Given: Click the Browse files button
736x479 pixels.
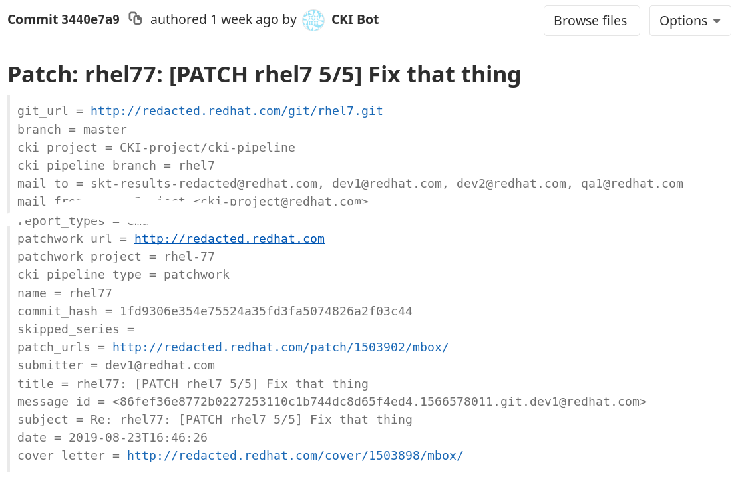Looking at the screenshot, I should pyautogui.click(x=590, y=21).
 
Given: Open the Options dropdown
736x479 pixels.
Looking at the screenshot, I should pyautogui.click(x=689, y=21).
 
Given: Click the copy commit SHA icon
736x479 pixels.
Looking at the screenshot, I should pyautogui.click(x=135, y=19).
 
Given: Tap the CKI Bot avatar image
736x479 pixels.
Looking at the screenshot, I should pyautogui.click(x=313, y=20).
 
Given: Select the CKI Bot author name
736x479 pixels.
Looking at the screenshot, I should pyautogui.click(x=355, y=20).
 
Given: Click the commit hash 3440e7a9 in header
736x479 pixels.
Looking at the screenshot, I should pyautogui.click(x=91, y=20).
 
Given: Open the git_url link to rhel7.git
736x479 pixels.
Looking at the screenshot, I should pyautogui.click(x=236, y=111).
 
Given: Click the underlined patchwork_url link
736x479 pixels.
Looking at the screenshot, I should pyautogui.click(x=229, y=239).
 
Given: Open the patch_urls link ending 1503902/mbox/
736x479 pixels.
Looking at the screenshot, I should pyautogui.click(x=280, y=347).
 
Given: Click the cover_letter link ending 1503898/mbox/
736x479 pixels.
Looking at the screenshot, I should pyautogui.click(x=295, y=456).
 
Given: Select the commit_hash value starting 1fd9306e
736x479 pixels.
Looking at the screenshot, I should pyautogui.click(x=266, y=311).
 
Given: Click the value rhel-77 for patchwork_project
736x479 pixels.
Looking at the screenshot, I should pyautogui.click(x=189, y=257).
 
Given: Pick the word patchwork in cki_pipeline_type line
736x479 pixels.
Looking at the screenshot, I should pyautogui.click(x=196, y=275).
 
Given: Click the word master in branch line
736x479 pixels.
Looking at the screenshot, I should pyautogui.click(x=104, y=130).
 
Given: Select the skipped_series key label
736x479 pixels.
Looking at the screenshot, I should pyautogui.click(x=69, y=329).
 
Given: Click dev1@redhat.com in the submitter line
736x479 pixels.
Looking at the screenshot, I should pyautogui.click(x=160, y=365).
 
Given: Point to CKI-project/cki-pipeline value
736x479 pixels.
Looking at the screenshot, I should pyautogui.click(x=207, y=148).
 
